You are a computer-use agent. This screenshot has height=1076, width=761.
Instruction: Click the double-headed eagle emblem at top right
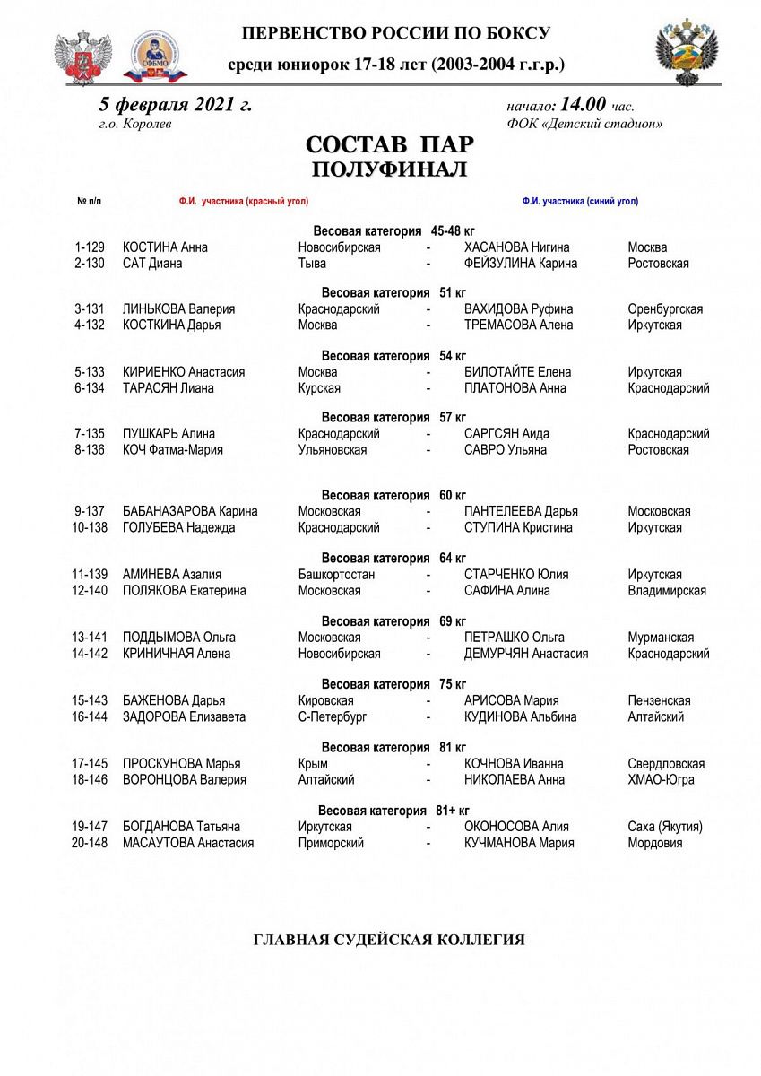coord(687,51)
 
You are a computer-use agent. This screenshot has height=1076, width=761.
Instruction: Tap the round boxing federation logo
coord(155,56)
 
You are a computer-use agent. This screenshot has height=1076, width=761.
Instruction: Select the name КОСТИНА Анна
coord(165,247)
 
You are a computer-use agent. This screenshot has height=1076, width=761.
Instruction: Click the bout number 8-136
coord(90,450)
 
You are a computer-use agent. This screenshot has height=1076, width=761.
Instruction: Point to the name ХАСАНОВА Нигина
coord(516,247)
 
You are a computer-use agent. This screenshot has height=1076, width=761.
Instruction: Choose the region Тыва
coord(312,264)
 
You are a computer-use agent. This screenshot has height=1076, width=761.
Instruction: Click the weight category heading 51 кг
coord(393,292)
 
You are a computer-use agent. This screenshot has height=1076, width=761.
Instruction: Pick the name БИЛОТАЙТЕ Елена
coord(517,372)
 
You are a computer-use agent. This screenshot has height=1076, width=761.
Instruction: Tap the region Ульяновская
coord(332,450)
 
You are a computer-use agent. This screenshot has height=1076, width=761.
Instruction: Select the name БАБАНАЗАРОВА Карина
coord(190,512)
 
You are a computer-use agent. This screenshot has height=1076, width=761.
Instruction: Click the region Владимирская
coord(666,591)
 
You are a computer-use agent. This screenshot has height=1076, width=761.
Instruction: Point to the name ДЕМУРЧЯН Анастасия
coord(526,654)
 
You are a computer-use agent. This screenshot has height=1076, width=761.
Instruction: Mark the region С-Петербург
coord(332,717)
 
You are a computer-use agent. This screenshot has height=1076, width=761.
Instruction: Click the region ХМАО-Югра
coord(661,780)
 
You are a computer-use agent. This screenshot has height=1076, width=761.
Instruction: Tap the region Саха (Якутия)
coord(664,827)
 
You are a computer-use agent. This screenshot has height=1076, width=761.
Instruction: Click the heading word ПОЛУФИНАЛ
coord(389,169)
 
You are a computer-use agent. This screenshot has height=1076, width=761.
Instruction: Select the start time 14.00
coord(584,105)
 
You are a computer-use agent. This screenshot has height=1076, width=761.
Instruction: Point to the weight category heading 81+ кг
coord(393,811)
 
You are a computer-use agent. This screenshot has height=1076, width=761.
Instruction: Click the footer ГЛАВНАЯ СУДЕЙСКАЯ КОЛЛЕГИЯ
coord(389,941)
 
